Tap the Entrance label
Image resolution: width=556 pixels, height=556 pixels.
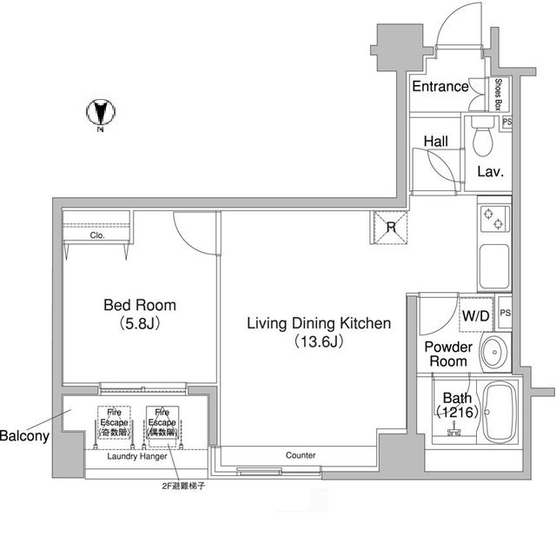click(x=440, y=87)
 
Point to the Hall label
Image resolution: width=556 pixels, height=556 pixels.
click(x=435, y=141)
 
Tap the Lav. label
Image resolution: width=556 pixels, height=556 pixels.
click(x=491, y=171)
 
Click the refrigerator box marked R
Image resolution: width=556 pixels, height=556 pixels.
click(x=391, y=228)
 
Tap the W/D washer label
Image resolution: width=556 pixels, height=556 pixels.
click(x=475, y=314)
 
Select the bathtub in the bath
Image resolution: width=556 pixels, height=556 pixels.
click(x=500, y=412)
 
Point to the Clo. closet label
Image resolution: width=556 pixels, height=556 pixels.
click(x=97, y=235)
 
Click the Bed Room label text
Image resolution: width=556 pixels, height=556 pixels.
click(x=140, y=305)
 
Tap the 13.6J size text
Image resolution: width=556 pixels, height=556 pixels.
click(x=319, y=341)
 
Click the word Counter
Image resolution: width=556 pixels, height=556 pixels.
click(x=301, y=455)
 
